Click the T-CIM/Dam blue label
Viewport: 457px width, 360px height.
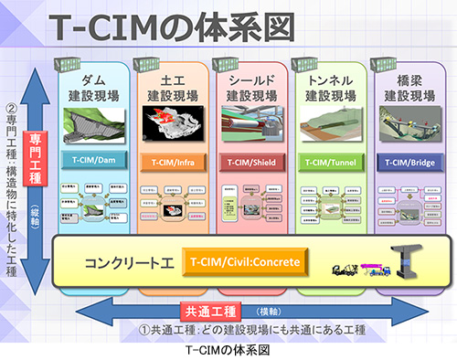click(94, 160)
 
